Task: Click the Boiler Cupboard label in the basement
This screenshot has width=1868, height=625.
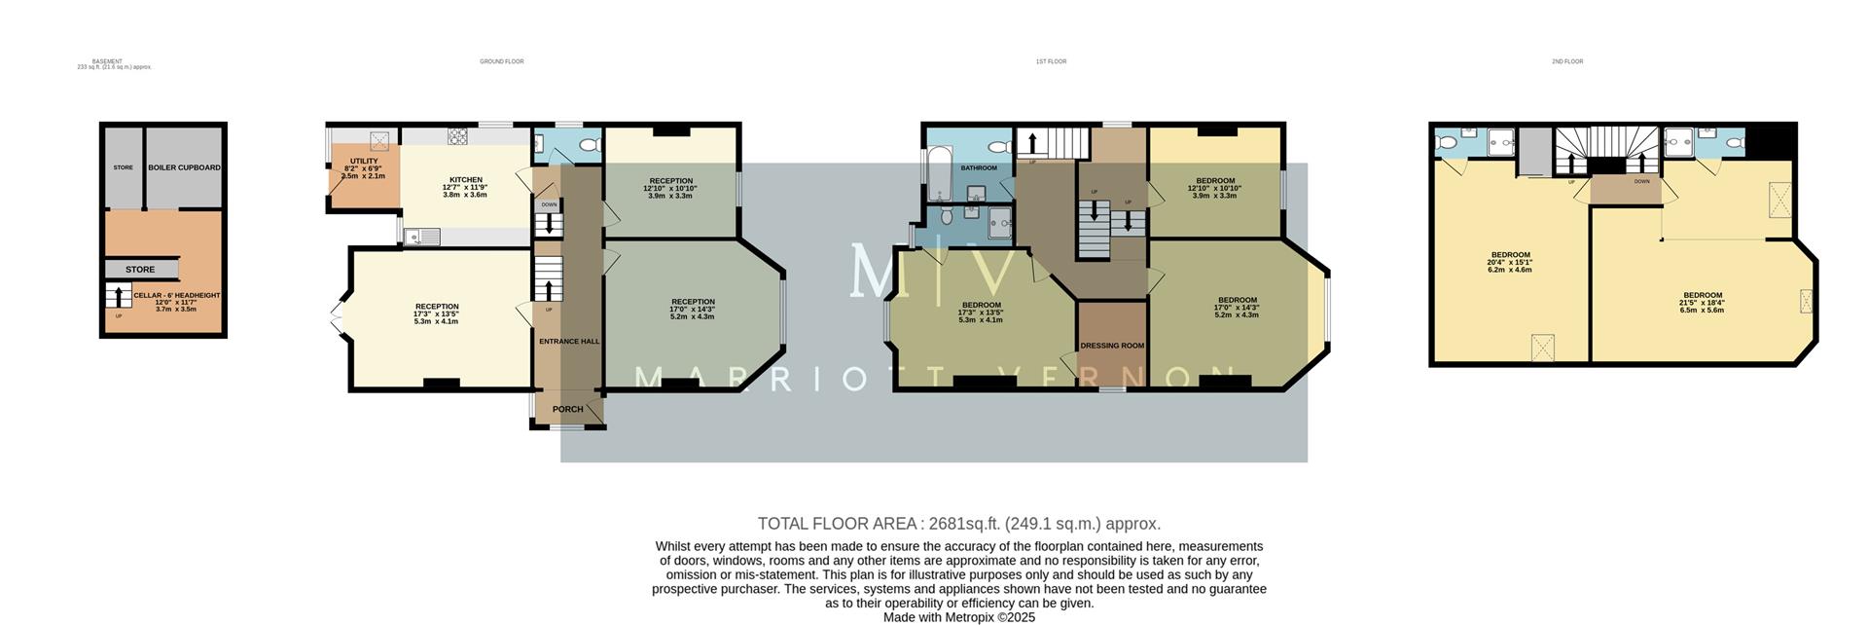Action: (x=184, y=167)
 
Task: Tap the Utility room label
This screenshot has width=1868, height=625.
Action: (x=364, y=162)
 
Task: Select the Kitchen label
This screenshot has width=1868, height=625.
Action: (x=465, y=180)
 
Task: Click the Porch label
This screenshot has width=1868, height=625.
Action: (x=568, y=409)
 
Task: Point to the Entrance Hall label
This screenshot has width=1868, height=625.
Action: (x=569, y=342)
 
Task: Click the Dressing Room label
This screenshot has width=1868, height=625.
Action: (x=1112, y=346)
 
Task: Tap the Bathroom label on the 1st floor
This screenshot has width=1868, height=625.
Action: (x=979, y=167)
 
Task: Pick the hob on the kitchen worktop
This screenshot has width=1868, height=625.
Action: (x=457, y=137)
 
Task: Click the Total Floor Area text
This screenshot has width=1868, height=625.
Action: (x=958, y=524)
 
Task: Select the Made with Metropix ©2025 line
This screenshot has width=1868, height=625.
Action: (x=958, y=617)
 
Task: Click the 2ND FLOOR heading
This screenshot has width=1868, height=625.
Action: (x=1567, y=61)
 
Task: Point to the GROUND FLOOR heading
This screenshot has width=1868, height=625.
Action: (x=501, y=61)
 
